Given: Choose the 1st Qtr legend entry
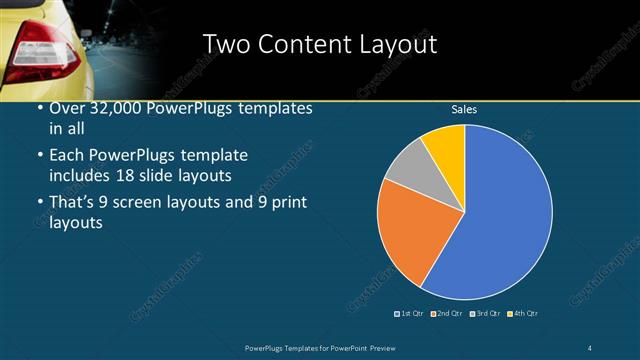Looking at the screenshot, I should [x=408, y=314].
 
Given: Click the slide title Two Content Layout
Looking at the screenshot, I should [x=319, y=45].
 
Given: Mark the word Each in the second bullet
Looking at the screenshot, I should [x=66, y=157].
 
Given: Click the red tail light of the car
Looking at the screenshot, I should [x=40, y=49].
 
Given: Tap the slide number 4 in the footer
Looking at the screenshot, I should [x=590, y=347].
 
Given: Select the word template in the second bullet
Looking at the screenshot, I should [x=215, y=157].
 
